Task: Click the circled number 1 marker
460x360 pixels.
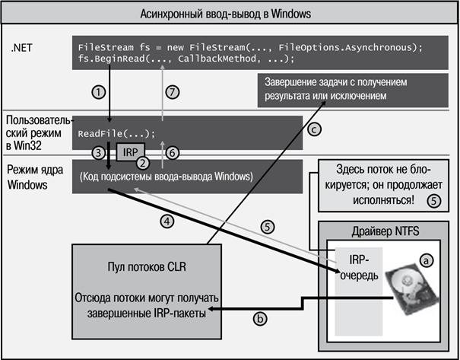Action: point(99,93)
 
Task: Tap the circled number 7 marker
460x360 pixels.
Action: point(173,93)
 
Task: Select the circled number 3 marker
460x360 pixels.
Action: point(99,153)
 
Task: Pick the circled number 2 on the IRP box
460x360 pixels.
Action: point(143,163)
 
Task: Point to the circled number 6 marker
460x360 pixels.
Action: point(173,153)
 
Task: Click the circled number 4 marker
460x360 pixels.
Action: point(167,221)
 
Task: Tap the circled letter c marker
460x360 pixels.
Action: point(314,129)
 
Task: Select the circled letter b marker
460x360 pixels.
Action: point(260,319)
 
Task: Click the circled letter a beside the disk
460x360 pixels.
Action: point(427,260)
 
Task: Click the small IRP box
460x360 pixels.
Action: point(131,152)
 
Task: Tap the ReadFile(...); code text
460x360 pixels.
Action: point(116,134)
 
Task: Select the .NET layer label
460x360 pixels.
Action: point(22,48)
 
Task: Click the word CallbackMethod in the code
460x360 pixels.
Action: point(217,59)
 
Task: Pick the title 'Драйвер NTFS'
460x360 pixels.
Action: point(385,231)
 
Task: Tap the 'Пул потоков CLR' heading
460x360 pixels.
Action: point(147,267)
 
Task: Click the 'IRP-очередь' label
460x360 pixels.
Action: point(359,267)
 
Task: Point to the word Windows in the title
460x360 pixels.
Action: point(290,14)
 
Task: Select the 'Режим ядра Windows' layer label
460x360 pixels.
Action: point(35,177)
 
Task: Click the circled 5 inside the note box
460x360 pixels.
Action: point(434,201)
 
